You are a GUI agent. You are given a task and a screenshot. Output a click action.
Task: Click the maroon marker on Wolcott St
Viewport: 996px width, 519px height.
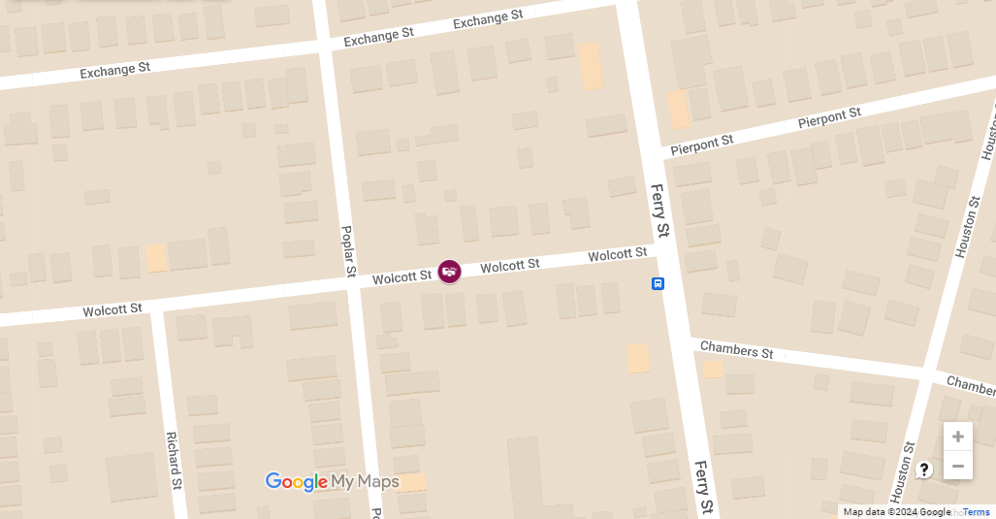(x=449, y=272)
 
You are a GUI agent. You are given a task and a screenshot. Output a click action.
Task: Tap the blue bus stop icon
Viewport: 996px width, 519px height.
(x=658, y=284)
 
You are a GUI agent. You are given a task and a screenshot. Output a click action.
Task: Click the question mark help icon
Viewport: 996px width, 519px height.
(x=924, y=470)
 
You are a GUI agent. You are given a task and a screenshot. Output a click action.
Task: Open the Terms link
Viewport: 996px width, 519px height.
(x=976, y=512)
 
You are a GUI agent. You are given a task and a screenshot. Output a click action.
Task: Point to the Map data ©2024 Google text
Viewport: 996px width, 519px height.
(x=897, y=512)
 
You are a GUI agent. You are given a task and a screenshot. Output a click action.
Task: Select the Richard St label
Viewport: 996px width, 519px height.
(x=173, y=460)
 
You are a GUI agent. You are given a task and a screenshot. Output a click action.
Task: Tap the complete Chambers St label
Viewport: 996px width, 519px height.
(x=737, y=349)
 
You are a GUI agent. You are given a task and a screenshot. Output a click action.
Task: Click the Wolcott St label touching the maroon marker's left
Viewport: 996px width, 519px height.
(x=402, y=277)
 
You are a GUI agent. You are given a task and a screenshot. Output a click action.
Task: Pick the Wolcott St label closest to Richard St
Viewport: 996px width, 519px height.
(x=112, y=310)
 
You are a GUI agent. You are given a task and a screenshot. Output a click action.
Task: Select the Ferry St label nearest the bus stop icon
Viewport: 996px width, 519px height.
(x=660, y=211)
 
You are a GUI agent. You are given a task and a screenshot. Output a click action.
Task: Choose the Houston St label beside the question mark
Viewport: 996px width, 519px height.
(x=902, y=470)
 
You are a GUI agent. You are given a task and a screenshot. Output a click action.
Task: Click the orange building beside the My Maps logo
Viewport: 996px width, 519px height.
(x=411, y=482)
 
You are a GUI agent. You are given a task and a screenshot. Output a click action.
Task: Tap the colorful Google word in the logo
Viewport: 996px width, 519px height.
(x=296, y=482)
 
